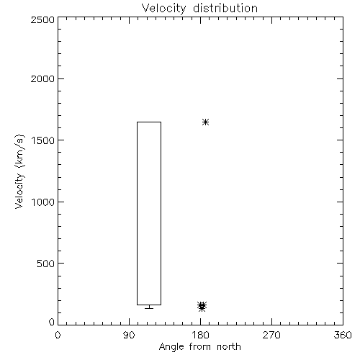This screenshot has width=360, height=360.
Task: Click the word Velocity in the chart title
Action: [x=163, y=9]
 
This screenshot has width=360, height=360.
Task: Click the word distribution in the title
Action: [x=225, y=8]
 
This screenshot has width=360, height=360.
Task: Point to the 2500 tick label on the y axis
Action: [x=42, y=19]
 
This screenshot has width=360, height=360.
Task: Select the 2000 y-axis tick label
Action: [x=42, y=78]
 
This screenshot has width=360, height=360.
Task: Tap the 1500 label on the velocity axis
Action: [x=43, y=140]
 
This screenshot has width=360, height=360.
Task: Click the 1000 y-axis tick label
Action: [x=43, y=202]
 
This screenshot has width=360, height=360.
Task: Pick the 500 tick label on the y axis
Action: [x=46, y=264]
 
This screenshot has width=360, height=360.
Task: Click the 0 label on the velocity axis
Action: [x=52, y=322]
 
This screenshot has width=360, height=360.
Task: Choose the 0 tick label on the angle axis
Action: [x=58, y=335]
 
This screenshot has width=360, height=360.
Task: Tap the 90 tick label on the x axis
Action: [x=129, y=335]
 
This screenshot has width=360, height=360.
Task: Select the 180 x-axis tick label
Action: [x=200, y=335]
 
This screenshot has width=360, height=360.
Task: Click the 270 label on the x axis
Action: [x=271, y=335]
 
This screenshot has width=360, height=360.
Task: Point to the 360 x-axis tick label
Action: [x=343, y=335]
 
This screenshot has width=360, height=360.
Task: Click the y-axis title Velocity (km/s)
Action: [x=19, y=171]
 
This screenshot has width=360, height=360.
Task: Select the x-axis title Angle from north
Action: [x=200, y=347]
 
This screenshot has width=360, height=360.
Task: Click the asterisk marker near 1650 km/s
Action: [x=205, y=122]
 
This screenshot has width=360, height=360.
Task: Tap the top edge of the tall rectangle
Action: [x=149, y=122]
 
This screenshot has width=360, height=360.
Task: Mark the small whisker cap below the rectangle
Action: [x=149, y=308]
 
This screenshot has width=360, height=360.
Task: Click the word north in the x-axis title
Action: [x=229, y=347]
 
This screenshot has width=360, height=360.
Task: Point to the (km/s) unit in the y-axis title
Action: [x=19, y=151]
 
